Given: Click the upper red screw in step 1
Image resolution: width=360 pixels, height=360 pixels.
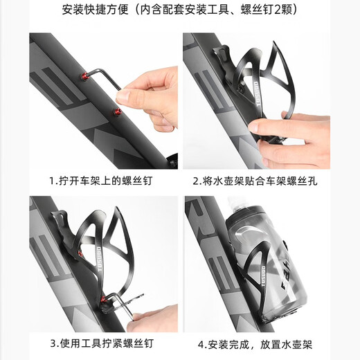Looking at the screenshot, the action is [x=84, y=76].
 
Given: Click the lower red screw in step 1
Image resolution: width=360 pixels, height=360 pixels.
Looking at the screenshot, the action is [x=118, y=112].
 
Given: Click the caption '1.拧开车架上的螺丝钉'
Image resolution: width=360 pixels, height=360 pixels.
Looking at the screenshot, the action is [x=101, y=181].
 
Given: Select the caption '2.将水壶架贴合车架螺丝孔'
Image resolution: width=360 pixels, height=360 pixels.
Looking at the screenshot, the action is [x=255, y=181].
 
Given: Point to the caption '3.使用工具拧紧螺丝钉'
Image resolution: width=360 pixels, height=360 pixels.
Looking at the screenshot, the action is [x=102, y=343].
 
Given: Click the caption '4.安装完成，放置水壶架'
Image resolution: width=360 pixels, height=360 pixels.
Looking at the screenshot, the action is [x=255, y=345].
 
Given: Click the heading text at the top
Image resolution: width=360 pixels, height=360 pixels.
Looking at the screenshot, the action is [x=180, y=10].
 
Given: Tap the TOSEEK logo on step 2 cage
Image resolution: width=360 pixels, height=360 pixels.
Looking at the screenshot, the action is [x=258, y=93].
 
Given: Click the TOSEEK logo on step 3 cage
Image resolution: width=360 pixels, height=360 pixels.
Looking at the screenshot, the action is [x=99, y=259].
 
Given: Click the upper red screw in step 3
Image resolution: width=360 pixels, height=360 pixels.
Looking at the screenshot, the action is [x=80, y=254].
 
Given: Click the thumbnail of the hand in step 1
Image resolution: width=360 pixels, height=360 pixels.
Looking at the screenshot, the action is [x=123, y=96].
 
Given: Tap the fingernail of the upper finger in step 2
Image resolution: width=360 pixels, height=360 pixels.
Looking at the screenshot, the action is [x=253, y=126].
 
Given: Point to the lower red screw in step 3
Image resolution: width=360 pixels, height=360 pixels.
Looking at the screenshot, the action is [x=103, y=299].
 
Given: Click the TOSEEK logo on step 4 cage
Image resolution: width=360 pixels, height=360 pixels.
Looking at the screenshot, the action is [x=264, y=277].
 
